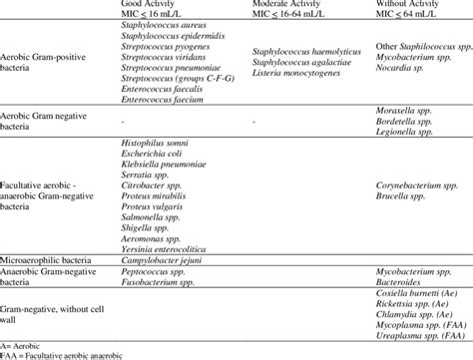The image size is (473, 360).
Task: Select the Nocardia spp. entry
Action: point(399,75)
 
